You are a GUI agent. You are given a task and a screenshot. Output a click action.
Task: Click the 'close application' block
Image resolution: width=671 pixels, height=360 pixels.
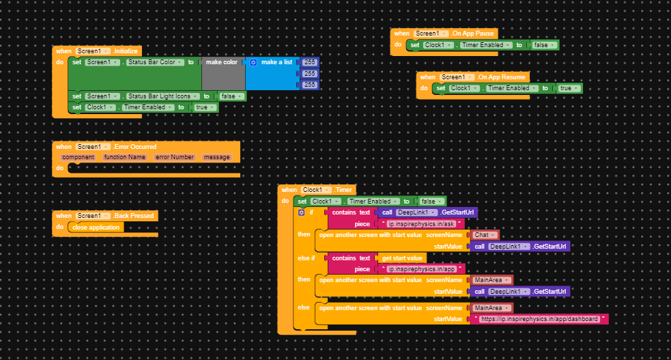pos(96,227)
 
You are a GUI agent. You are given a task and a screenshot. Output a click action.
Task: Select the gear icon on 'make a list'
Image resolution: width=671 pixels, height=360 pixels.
pos(253,62)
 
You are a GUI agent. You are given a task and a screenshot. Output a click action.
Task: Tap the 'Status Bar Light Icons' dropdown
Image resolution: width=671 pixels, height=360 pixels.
pos(163,96)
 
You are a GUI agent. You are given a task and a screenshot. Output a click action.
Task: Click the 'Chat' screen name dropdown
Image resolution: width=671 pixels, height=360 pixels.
pos(485,235)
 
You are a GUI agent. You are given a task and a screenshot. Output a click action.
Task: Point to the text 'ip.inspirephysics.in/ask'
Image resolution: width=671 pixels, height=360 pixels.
pos(421,224)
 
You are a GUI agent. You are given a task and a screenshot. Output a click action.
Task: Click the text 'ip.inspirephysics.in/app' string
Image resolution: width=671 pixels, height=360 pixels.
pos(421,269)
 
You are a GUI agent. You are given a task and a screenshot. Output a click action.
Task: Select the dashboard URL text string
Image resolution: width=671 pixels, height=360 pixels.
pos(539,319)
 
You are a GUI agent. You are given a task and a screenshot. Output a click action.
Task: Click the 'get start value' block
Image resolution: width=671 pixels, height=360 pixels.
pos(402,258)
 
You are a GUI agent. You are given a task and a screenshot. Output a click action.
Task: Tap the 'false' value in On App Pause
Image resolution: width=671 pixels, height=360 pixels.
pos(543,45)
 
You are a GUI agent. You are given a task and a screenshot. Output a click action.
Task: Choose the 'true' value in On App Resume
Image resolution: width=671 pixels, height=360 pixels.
pos(569,88)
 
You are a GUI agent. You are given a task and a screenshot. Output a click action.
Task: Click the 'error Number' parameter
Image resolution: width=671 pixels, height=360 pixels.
pos(175,157)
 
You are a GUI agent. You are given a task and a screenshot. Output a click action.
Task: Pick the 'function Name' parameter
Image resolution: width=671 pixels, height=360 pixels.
pos(124,157)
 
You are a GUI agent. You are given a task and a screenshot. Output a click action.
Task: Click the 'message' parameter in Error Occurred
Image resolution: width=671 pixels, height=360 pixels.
pos(216,157)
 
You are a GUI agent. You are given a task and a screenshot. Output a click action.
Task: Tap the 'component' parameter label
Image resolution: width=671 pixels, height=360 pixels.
pos(78,157)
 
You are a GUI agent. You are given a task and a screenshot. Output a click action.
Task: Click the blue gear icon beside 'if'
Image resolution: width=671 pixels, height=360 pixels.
pos(301,212)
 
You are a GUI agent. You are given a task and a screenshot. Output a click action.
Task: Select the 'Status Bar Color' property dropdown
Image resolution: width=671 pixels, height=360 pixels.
pos(156,62)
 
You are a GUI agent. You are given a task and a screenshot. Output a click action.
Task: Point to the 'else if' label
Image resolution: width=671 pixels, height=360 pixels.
pos(306,258)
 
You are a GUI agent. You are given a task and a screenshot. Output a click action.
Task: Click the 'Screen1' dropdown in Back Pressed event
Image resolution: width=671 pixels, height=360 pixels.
pos(92,216)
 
